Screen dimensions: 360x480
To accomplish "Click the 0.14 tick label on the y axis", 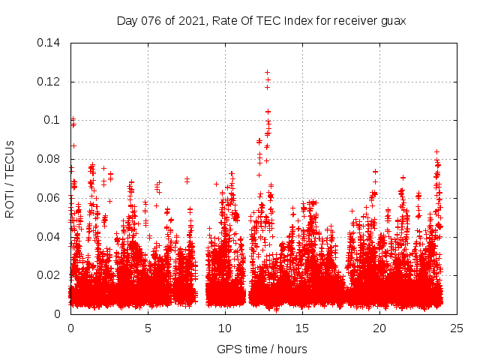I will (50, 43).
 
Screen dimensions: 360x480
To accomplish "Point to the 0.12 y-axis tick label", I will (50, 81).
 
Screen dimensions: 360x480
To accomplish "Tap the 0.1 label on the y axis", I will (53, 120).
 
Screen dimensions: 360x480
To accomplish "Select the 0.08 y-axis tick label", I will (50, 159).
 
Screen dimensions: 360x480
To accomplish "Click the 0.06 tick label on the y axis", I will (50, 198).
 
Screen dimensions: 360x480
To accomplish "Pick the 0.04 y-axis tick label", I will (50, 237).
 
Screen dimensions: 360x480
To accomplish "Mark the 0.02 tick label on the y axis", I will (50, 275).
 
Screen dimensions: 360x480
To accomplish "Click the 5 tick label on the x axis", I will (148, 328).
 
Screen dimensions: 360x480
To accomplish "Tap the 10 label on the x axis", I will (225, 328).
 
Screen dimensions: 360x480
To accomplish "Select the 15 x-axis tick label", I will (302, 328).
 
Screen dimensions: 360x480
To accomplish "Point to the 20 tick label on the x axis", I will (379, 328).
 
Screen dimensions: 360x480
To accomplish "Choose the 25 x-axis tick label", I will (457, 328).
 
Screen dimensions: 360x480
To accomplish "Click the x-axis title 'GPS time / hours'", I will (262, 349).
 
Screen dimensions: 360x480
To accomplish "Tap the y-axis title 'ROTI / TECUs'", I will (10, 179).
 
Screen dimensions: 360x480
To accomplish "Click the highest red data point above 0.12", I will (267, 73).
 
